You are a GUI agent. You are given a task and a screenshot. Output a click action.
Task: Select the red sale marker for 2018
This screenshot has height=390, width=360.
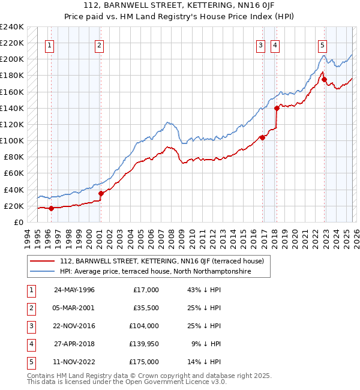coord(277,109)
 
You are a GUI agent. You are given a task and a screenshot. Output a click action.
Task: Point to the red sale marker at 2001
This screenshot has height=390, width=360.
coord(101,193)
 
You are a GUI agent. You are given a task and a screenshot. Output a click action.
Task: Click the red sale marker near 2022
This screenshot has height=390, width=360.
coord(324,79)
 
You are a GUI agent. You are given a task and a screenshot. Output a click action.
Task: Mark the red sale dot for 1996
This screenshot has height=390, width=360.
coord(51,208)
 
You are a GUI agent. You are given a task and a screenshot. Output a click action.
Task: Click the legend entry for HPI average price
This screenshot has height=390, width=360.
coord(155,272)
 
